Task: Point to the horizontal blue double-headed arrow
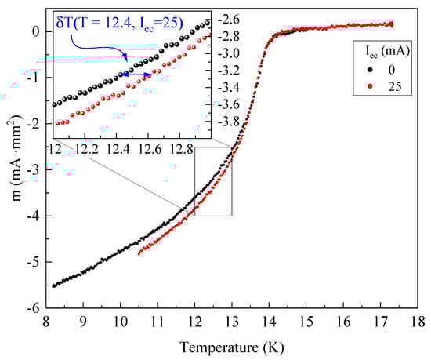(x=136, y=75)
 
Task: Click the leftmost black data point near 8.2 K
(x=53, y=285)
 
